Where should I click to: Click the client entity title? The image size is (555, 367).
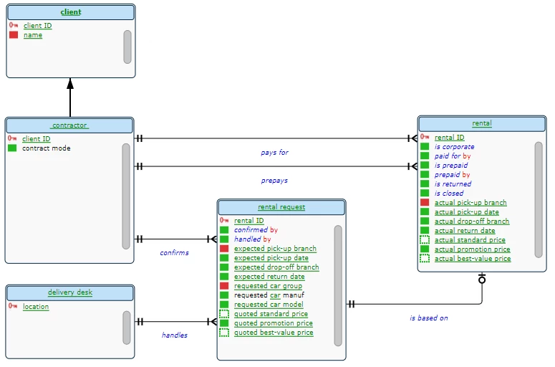[x=70, y=12]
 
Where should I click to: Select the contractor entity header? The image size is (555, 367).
[x=69, y=125]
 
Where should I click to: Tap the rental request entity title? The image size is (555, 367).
[x=281, y=207]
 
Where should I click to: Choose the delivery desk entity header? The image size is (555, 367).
[x=70, y=292]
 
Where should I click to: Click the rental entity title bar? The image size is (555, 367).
[x=482, y=123]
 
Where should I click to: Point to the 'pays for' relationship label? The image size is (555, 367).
[x=274, y=153]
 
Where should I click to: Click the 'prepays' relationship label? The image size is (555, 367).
[x=274, y=181]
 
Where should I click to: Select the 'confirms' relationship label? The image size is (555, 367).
[x=174, y=252]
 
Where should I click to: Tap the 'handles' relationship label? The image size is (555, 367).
[x=174, y=335]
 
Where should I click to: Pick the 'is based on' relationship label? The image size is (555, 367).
[x=428, y=318]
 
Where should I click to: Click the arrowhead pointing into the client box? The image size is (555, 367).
[x=70, y=84]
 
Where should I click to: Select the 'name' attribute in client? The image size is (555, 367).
[x=33, y=35]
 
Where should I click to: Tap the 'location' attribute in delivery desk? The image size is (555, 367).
[x=36, y=307]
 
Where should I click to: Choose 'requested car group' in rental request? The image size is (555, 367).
[x=268, y=286]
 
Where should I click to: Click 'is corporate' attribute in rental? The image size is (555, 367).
[x=454, y=146]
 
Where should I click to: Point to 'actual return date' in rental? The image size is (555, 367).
[x=465, y=231]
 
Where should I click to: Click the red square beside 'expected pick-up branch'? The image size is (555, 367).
[x=224, y=249]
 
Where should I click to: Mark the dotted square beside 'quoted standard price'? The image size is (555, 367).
[x=224, y=314]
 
